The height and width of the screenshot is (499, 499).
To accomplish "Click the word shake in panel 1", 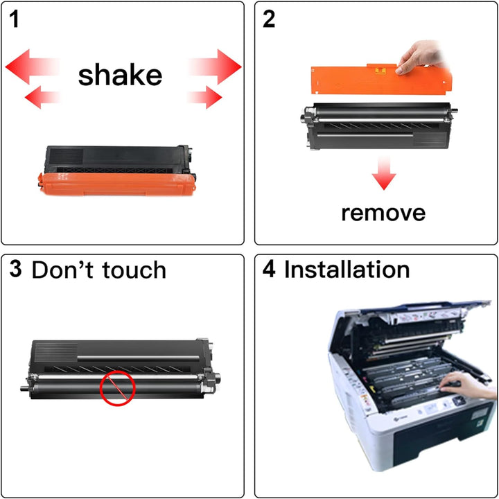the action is [x=120, y=76].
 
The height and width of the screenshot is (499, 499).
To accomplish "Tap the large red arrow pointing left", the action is [x=32, y=67].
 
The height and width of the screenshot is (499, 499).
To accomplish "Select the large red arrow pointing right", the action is [x=215, y=67].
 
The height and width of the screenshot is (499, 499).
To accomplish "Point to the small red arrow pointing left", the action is [x=42, y=97].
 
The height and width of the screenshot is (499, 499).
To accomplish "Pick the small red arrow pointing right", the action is [x=205, y=97].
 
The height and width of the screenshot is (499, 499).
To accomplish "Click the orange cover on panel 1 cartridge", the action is [x=116, y=184].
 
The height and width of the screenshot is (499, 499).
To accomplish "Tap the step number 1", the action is [x=14, y=19].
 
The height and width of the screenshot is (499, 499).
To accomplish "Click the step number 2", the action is [x=269, y=19].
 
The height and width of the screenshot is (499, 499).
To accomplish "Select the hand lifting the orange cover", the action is [x=420, y=58].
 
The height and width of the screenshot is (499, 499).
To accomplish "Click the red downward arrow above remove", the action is [x=384, y=173].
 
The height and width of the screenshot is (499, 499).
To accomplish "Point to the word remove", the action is [x=383, y=213].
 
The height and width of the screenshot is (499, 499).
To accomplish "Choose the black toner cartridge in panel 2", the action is [x=378, y=125].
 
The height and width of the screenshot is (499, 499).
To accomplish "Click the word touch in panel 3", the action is [x=134, y=270].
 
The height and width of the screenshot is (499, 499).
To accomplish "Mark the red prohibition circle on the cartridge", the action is [x=118, y=387].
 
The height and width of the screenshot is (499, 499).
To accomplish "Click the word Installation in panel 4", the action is [x=347, y=270].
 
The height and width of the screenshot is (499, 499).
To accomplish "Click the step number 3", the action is [x=15, y=269].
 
